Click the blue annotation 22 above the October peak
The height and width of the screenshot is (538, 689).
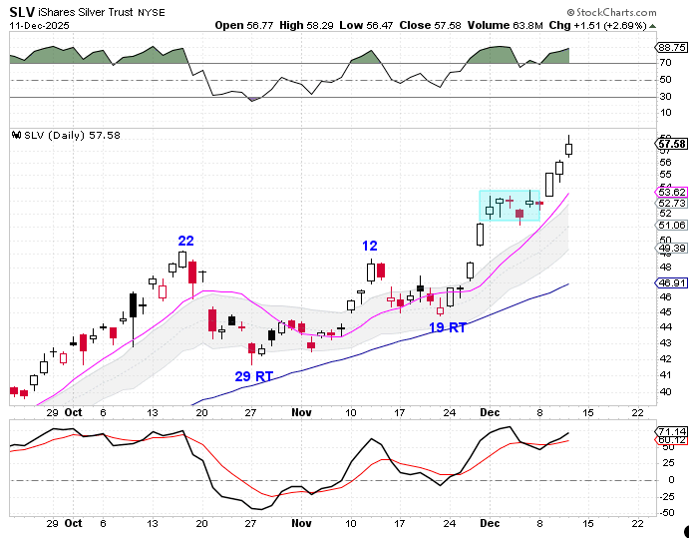coord(186,241)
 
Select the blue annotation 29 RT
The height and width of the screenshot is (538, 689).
coord(254,376)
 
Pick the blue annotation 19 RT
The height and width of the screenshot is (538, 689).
coord(449,327)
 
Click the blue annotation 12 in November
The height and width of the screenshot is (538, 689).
coord(370,246)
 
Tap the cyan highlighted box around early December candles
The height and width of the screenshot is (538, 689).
coord(510,206)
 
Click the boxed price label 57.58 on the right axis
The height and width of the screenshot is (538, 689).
coord(673,144)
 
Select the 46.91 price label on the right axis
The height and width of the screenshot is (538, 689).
coord(673,283)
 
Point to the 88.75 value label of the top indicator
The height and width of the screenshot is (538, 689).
coord(673,47)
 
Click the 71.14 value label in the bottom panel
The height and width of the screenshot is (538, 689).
coord(673,431)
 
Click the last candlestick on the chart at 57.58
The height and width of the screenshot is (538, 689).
coord(568,148)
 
